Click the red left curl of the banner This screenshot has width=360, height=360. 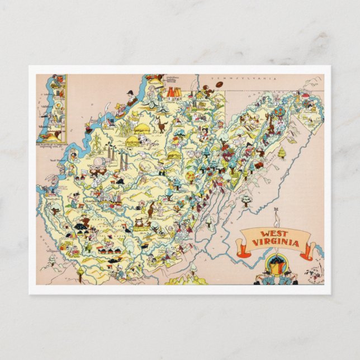pyautogui.click(x=240, y=247)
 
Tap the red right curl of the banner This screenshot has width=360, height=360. pyautogui.click(x=309, y=250)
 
